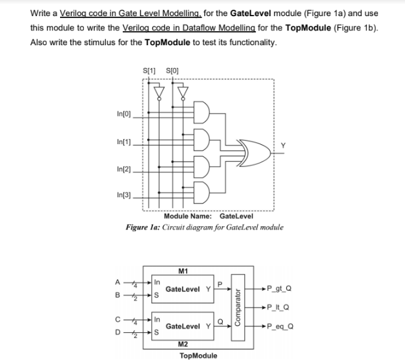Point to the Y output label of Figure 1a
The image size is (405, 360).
(x=282, y=145)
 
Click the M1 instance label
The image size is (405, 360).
(x=185, y=272)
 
